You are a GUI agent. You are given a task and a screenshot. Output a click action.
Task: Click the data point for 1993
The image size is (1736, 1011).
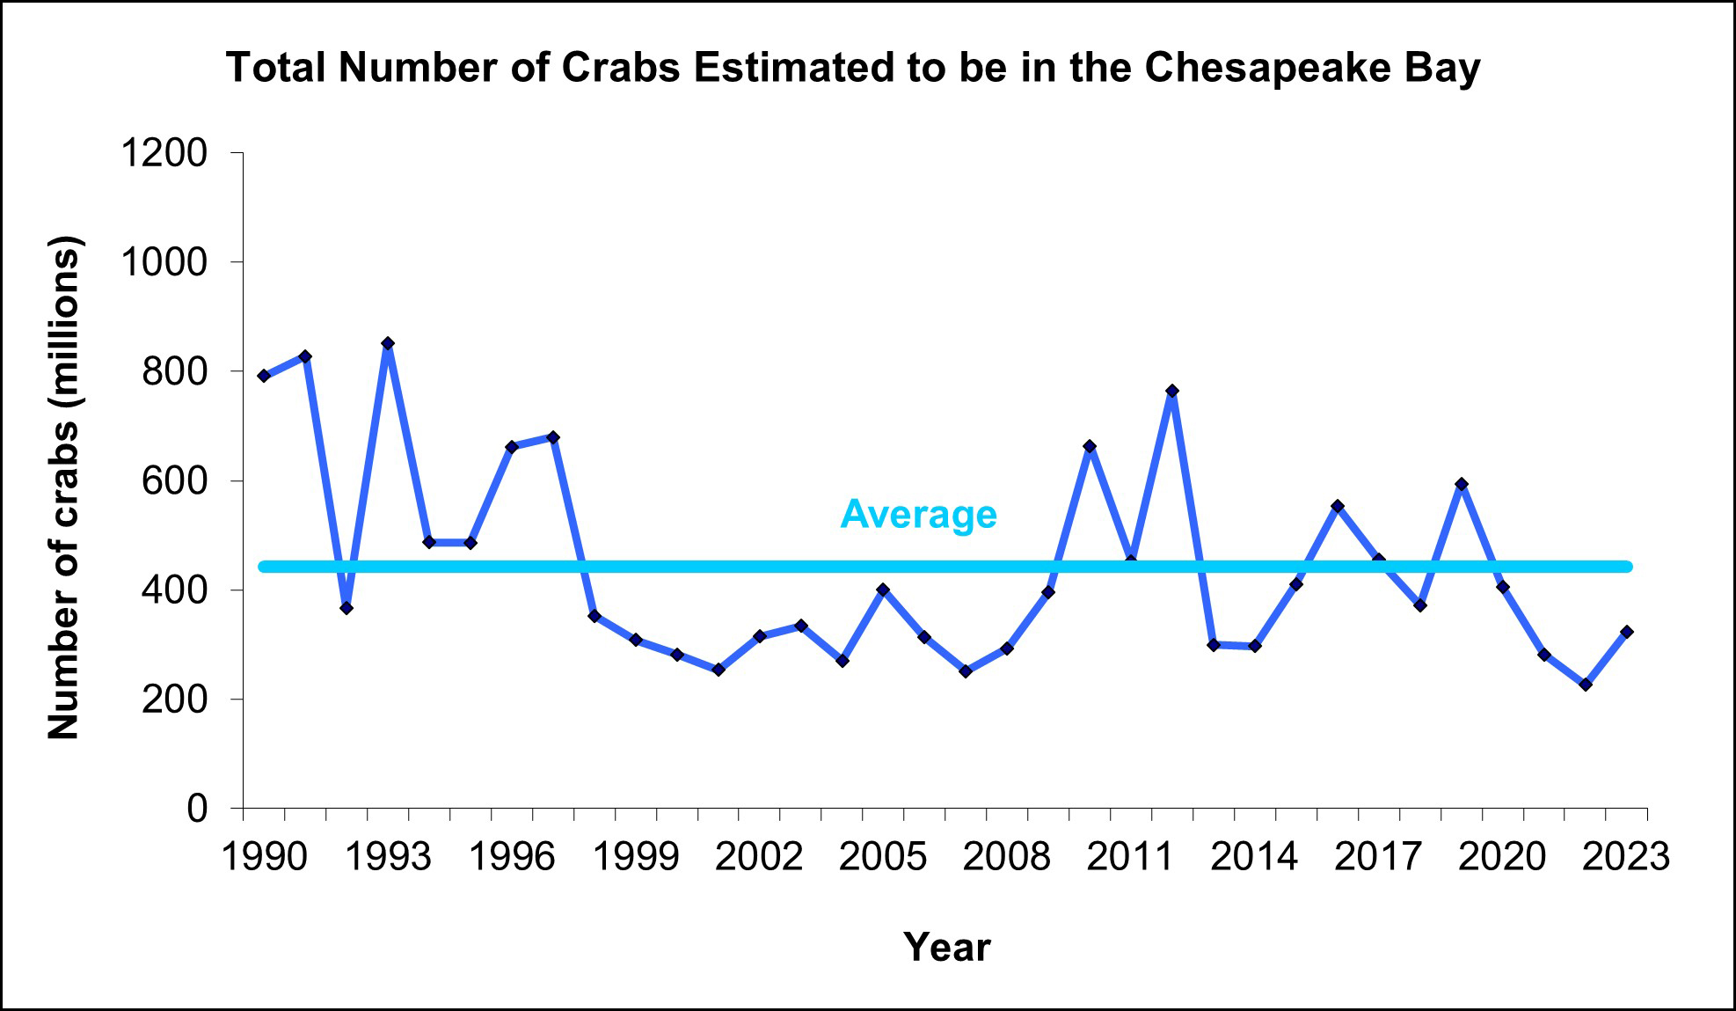(x=388, y=343)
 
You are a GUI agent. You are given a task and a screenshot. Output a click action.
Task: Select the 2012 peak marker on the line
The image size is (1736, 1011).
(x=1172, y=391)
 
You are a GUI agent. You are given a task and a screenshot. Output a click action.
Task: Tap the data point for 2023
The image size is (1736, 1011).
(x=1627, y=632)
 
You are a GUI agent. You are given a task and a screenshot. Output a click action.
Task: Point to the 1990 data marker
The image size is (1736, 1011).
(x=264, y=376)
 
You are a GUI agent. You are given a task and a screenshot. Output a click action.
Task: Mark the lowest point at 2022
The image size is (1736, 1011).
(x=1586, y=685)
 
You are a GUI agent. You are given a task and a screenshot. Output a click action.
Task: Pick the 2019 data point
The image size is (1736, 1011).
(x=1462, y=484)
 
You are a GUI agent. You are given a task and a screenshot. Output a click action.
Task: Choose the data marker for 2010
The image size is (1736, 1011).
(x=1090, y=446)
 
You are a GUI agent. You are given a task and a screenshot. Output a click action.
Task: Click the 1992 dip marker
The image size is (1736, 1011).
(x=346, y=608)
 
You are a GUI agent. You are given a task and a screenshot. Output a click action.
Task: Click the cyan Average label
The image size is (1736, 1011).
(x=918, y=515)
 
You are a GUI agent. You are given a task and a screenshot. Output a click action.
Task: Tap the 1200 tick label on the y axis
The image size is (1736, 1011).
(x=164, y=153)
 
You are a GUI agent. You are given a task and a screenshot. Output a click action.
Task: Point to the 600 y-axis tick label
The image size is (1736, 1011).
(x=174, y=480)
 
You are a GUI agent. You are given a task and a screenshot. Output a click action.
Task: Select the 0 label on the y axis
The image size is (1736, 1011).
(x=197, y=808)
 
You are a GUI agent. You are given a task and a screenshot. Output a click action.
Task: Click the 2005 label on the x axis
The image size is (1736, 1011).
(x=883, y=856)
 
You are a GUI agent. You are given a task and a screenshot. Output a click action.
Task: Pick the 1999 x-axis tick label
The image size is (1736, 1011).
(x=635, y=856)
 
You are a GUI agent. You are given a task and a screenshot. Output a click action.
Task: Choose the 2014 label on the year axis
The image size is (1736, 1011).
(x=1254, y=856)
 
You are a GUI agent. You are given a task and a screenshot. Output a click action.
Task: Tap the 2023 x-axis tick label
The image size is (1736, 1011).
(x=1626, y=856)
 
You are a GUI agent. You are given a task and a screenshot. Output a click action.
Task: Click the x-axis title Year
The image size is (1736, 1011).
(x=946, y=948)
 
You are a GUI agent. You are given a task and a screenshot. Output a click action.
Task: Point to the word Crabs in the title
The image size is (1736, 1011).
(x=621, y=68)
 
